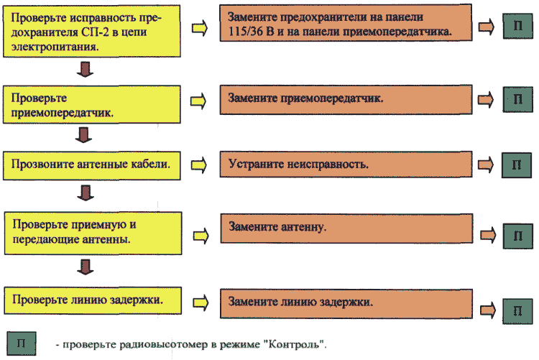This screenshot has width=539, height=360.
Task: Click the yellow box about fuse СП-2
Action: [92, 31]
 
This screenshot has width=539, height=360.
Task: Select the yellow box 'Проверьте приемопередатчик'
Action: [92, 104]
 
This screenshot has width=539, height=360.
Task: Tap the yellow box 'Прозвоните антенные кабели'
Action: [92, 165]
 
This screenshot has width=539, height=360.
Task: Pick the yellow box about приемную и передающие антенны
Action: [93, 233]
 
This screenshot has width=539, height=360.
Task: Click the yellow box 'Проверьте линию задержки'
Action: [93, 300]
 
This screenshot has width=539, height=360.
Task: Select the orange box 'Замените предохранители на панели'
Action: [346, 23]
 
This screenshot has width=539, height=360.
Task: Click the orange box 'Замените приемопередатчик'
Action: [346, 100]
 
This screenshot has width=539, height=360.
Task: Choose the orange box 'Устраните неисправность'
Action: [346, 164]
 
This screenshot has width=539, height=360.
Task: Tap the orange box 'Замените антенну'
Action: [346, 229]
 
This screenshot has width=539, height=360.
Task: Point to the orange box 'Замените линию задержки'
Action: [346, 304]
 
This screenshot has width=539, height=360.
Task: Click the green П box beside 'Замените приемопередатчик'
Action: [517, 99]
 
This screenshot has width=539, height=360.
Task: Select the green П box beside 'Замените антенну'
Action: [517, 236]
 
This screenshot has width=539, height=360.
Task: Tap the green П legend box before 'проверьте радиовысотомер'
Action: [22, 343]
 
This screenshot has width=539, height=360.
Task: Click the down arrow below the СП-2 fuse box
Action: [85, 70]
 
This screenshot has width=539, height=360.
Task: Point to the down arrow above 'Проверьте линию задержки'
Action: [86, 267]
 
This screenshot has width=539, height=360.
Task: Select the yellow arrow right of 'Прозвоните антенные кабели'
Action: [198, 165]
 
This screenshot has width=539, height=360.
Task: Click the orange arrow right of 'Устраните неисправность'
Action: [486, 165]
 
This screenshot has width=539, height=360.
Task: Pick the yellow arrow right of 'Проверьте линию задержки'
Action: [201, 303]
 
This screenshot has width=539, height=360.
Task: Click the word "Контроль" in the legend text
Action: [295, 344]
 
